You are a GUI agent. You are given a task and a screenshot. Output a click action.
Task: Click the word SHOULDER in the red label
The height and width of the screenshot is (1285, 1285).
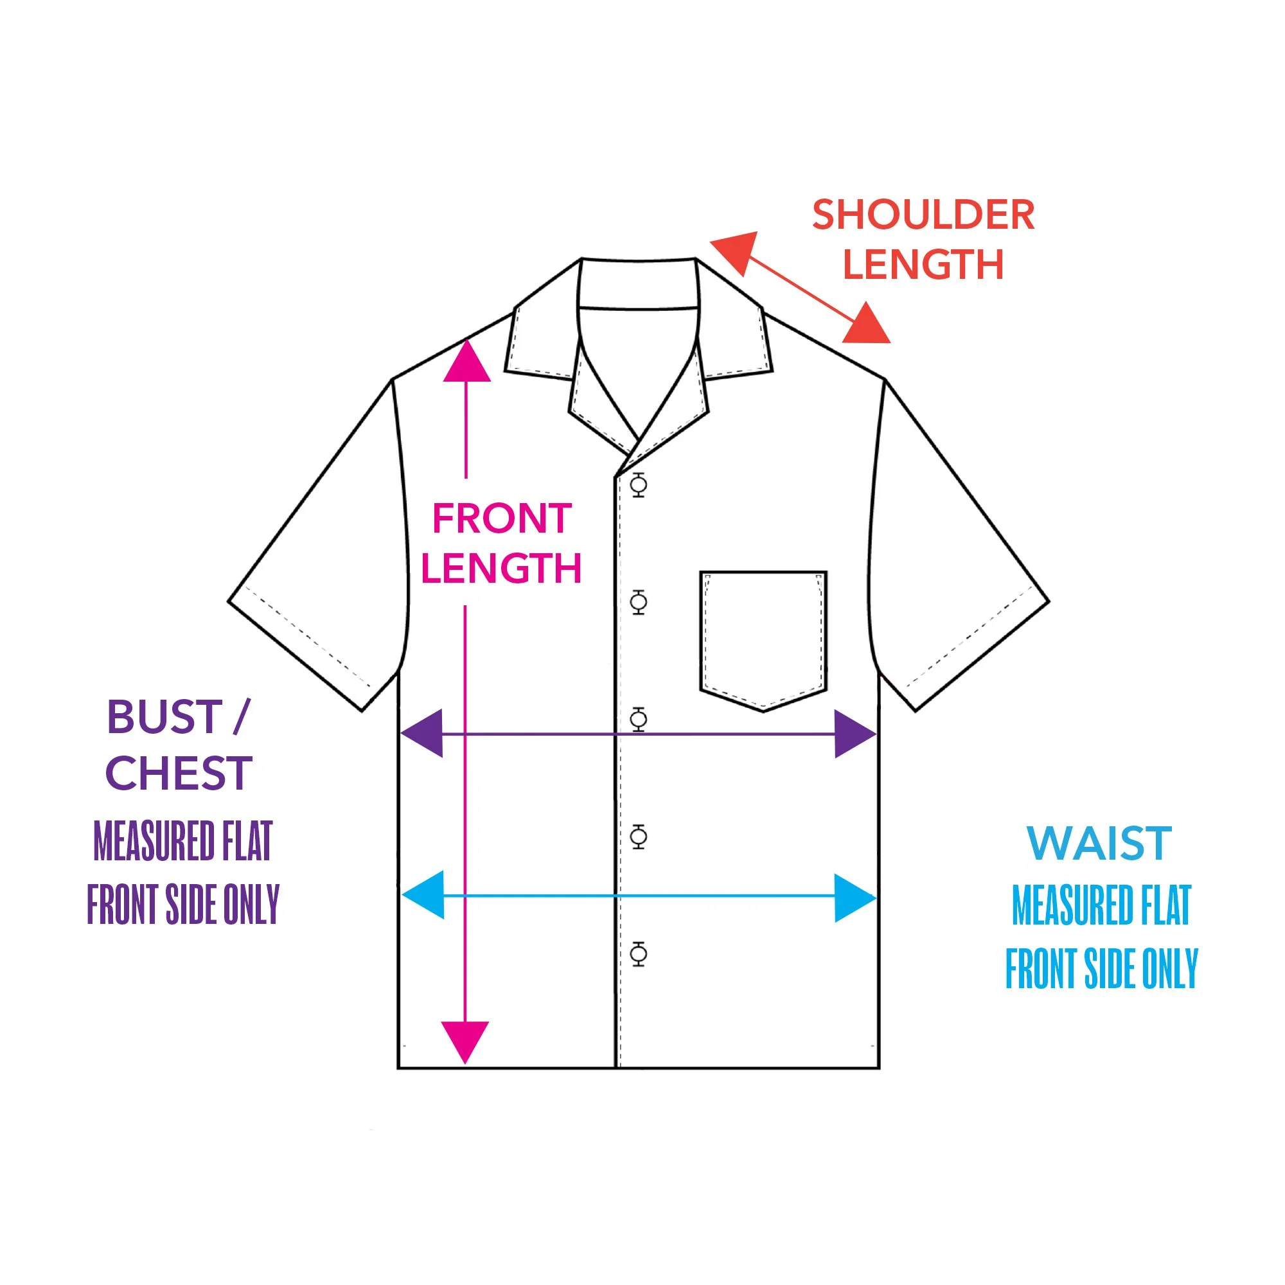[x=923, y=215]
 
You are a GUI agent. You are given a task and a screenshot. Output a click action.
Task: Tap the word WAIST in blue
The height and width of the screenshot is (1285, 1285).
[x=1098, y=844]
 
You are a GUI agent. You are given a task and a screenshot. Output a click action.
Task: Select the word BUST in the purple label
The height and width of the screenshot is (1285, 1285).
[x=164, y=717]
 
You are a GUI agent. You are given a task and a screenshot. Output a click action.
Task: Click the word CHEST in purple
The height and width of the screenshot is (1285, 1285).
[x=178, y=773]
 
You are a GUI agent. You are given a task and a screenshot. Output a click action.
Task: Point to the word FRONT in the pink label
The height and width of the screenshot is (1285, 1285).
[x=502, y=518]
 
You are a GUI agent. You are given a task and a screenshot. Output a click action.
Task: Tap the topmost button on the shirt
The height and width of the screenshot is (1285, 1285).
[x=639, y=485]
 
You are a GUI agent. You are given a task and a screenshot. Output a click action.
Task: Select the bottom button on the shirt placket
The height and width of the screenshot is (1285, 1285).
[x=639, y=953]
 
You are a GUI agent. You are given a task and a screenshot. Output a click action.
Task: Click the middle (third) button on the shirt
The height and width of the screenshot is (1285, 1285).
[x=639, y=719]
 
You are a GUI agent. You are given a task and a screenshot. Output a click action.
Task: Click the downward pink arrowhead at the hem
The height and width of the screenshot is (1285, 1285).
[x=465, y=1041]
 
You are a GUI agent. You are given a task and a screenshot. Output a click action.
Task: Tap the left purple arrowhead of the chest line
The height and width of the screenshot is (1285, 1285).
[x=423, y=734]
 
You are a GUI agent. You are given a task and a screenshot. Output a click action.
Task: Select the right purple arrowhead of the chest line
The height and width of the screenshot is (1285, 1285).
[x=853, y=734]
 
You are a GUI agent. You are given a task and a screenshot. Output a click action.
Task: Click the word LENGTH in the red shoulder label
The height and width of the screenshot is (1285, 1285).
[x=923, y=265]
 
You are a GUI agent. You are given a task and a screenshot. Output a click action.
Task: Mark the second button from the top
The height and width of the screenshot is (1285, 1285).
[x=639, y=602]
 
